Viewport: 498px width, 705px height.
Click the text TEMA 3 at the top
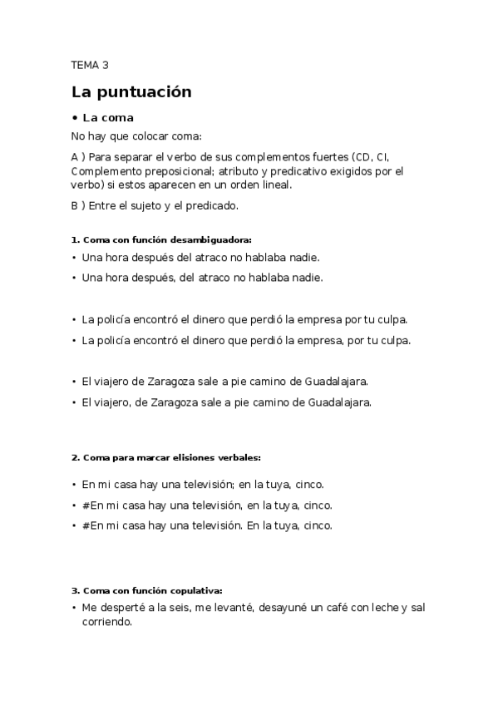[90, 64]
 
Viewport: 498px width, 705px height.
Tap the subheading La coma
[107, 118]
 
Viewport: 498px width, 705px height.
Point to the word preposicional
[170, 171]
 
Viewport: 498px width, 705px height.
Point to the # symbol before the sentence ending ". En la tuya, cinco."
[86, 526]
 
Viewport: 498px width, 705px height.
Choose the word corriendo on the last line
[106, 622]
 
